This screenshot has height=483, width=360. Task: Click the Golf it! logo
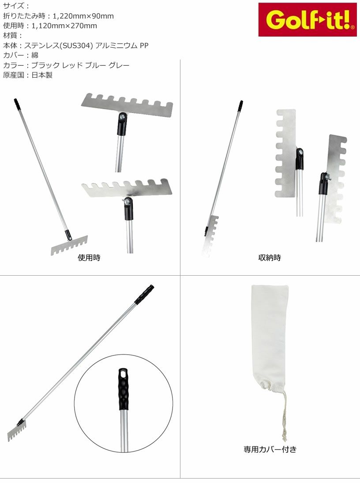click(x=307, y=20)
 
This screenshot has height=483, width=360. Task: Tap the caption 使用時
click(x=89, y=258)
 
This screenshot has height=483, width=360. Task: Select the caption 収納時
click(x=270, y=258)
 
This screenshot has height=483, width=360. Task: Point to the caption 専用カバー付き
click(x=270, y=449)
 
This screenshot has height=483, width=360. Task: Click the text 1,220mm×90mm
click(x=83, y=16)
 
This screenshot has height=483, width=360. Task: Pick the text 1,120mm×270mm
click(x=64, y=26)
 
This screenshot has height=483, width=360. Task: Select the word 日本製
click(x=42, y=75)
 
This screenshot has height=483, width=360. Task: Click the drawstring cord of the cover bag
click(x=284, y=416)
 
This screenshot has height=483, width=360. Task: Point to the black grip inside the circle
click(x=124, y=389)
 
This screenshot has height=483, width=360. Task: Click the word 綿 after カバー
click(x=35, y=56)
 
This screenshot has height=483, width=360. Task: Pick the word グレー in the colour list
click(x=119, y=65)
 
